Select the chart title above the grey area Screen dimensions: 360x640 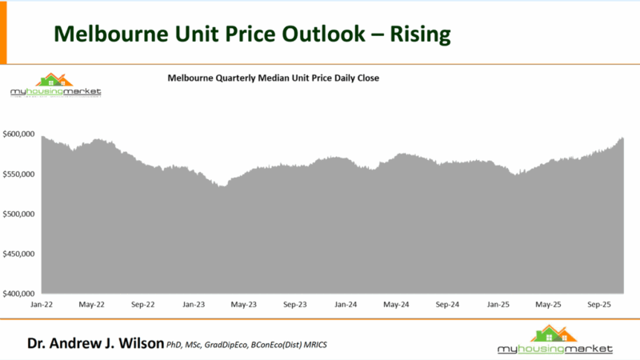[272, 78]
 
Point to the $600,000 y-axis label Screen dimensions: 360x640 [20, 134]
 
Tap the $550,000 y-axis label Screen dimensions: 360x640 [20, 174]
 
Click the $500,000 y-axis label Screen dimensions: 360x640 [20, 214]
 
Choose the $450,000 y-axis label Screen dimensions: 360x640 [20, 254]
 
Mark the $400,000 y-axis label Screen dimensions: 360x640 [20, 294]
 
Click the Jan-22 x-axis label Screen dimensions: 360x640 [42, 305]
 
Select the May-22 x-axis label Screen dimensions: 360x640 [92, 305]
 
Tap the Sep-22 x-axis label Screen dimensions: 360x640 [142, 305]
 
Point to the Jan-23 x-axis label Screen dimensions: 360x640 [194, 305]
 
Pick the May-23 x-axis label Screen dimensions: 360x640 [243, 305]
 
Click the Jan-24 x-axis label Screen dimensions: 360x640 [346, 305]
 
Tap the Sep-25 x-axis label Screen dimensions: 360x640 [599, 305]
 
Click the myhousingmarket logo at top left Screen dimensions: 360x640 [55, 86]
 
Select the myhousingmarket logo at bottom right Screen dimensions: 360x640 [554, 341]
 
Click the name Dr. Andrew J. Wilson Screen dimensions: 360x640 [94, 344]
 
